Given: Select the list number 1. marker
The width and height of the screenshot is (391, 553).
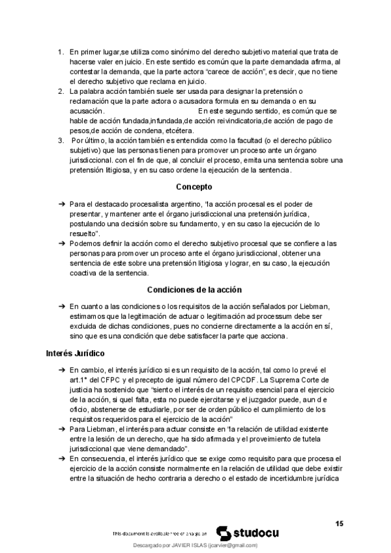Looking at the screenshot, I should [61, 52].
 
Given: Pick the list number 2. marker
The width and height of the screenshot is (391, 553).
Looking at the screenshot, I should [61, 91].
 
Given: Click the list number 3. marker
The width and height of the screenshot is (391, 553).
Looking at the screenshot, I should [61, 141].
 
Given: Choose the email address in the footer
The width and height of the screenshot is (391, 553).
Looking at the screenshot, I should [233, 545].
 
